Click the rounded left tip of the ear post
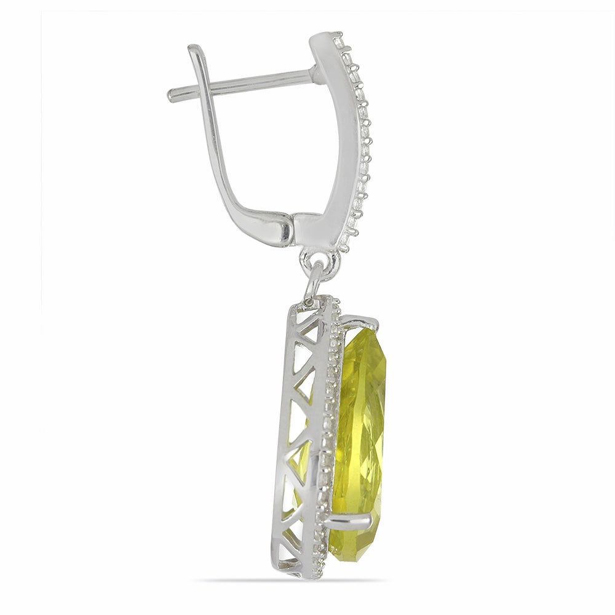point(172,95)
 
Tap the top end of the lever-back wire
point(194,49)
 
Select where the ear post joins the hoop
point(314,74)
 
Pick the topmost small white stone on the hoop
point(338,36)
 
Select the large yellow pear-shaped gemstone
point(360,430)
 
